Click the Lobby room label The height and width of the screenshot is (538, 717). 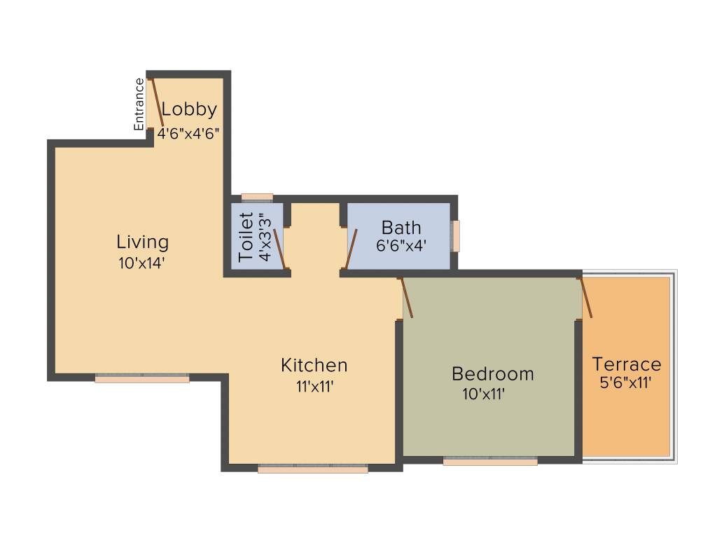coord(189,110)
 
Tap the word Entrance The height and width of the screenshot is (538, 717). coord(139,104)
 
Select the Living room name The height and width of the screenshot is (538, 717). coord(143,242)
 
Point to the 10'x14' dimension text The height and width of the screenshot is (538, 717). coord(143,263)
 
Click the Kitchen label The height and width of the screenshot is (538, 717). coord(314,365)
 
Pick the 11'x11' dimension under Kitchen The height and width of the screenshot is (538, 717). coord(314,386)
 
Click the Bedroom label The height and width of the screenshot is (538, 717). coord(492,373)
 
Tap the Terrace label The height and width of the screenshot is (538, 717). coord(626,364)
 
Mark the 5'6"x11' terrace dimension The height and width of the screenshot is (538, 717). coord(626,383)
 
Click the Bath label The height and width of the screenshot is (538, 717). coord(401,228)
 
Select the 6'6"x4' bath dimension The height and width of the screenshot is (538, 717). coord(401,246)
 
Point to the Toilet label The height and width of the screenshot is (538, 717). coord(246,237)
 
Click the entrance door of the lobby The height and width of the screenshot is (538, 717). coord(158,102)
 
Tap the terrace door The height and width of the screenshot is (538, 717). coord(586,298)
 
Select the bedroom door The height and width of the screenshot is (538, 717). coord(406,298)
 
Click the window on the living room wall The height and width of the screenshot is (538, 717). coord(142,379)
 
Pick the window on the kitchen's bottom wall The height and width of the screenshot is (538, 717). coord(312,469)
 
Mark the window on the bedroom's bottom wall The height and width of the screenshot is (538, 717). coord(490,462)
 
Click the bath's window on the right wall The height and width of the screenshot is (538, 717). coord(456,236)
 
